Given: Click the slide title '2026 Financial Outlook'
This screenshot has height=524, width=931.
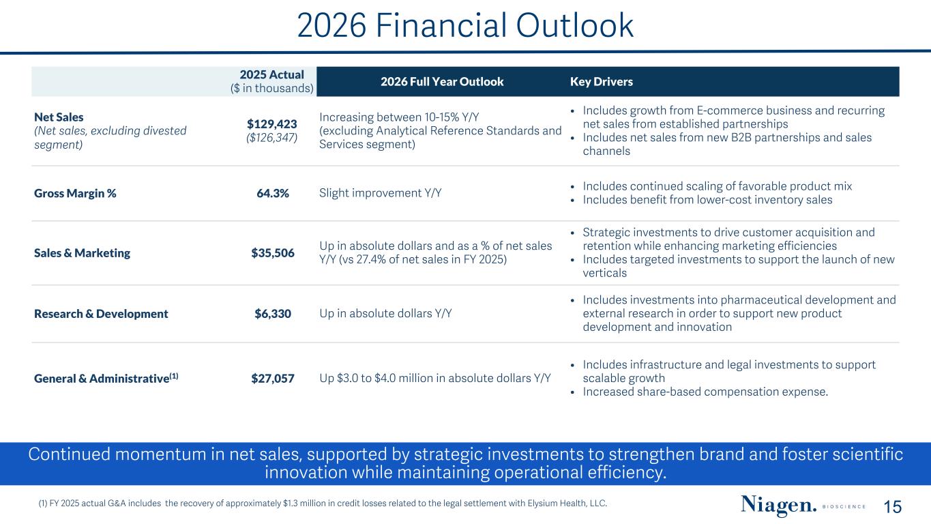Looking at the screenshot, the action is (465, 25).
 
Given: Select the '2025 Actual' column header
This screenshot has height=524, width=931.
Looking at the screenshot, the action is (272, 75).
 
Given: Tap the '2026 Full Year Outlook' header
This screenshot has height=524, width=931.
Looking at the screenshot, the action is (442, 81).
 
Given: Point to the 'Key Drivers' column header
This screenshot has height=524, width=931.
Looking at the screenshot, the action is (602, 81).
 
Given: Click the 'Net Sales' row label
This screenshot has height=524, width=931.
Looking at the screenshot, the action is (59, 117).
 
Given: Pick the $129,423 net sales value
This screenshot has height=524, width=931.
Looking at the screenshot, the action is (272, 124).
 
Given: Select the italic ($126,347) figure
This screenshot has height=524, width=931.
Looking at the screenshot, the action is (272, 138).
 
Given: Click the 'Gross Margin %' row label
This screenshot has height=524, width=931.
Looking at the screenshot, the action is (75, 193).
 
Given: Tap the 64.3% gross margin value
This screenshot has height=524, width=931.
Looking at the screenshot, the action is (273, 193).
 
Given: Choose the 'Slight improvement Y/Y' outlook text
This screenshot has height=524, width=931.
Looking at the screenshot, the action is (381, 193).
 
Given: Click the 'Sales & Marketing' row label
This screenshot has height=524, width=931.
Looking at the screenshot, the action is (82, 253).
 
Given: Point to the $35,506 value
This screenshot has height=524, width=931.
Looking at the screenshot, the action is (273, 253).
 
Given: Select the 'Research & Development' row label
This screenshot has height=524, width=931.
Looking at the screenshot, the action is (101, 314).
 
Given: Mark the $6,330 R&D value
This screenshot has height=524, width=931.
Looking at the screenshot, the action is (273, 314).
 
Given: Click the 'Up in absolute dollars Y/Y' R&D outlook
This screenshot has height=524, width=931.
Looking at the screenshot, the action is (385, 313).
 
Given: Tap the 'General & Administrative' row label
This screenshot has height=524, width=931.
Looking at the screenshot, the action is (102, 379).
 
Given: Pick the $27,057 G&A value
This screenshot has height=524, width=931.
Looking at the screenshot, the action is (273, 379).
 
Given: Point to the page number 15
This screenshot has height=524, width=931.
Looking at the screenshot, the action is (892, 507).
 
